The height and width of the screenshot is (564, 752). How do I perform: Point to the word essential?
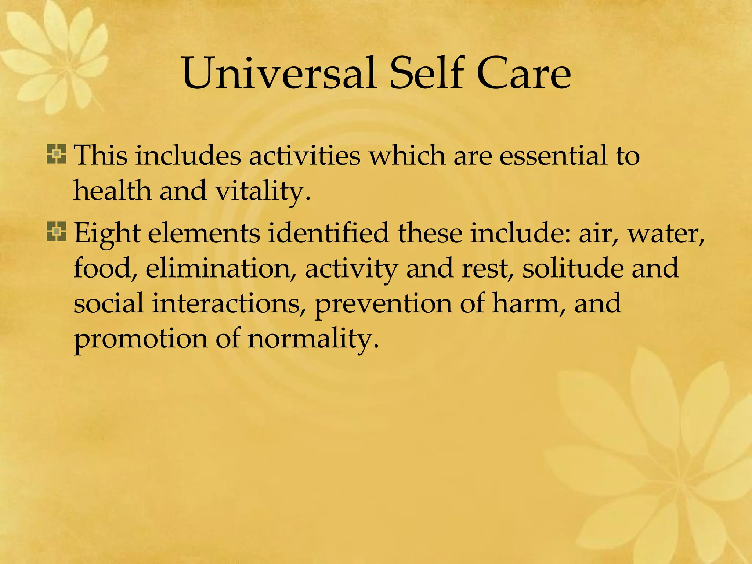click(553, 156)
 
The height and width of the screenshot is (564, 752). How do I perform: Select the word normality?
click(312, 339)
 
